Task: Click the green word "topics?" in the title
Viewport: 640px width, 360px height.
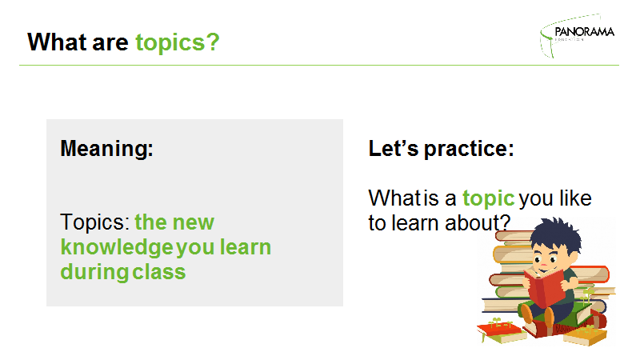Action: (178, 43)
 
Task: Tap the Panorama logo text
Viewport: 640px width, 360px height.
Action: (585, 31)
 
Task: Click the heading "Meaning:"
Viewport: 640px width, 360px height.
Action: (106, 149)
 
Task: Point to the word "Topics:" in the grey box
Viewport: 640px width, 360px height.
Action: (94, 223)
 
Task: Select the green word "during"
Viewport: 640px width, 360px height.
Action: (94, 273)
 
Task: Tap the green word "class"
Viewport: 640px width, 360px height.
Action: (158, 272)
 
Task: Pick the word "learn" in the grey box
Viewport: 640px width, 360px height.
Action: (246, 247)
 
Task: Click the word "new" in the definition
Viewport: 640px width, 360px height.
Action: (194, 223)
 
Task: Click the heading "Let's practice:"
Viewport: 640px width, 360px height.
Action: (441, 149)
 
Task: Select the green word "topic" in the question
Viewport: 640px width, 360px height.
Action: (489, 198)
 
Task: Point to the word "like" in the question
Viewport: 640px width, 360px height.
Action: (575, 198)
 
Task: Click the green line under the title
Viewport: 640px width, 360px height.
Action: (319, 65)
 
